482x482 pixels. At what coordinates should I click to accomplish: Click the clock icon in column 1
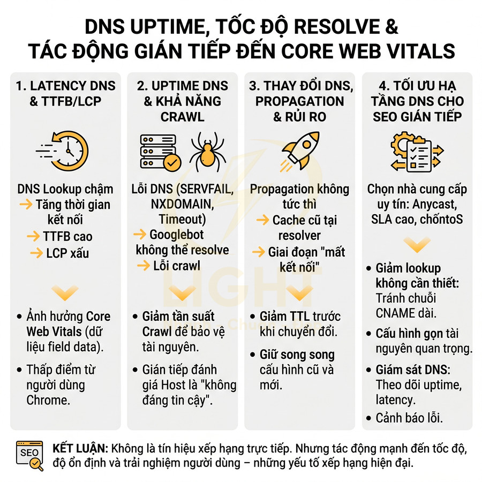(67, 150)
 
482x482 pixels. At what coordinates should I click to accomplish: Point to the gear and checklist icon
(416, 150)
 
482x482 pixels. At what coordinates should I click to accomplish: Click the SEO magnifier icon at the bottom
(29, 455)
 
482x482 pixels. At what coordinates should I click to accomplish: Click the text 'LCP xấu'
(67, 252)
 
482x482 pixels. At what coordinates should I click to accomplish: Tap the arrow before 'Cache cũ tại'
(262, 220)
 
